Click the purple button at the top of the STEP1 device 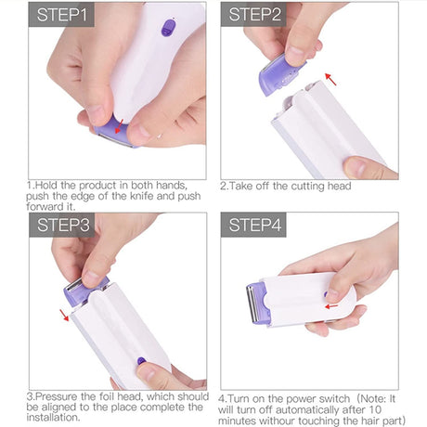[168, 29]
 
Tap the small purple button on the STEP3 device [141, 360]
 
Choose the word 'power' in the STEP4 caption [298, 396]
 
